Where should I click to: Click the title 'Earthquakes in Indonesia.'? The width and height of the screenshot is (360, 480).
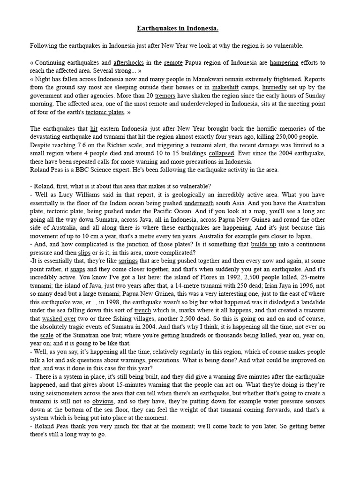tap(178, 29)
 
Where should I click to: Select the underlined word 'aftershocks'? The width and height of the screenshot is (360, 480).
tap(128, 62)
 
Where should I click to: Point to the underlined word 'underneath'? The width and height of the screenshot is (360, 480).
tap(199, 203)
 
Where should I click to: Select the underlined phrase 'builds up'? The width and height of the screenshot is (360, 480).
tap(263, 245)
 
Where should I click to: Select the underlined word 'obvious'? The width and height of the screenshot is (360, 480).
tap(103, 401)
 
